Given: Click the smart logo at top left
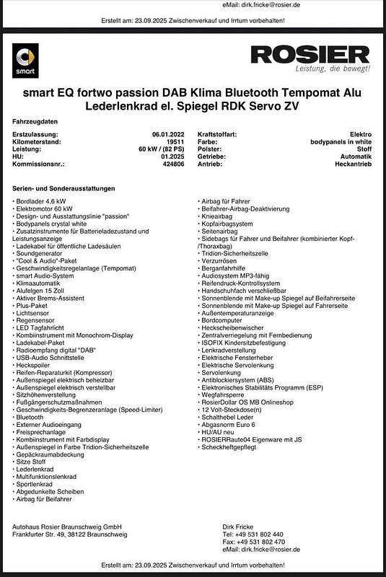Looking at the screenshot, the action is (x=25, y=60).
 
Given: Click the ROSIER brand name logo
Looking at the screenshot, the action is (x=310, y=54).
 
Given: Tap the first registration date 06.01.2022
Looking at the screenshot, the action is (x=168, y=135).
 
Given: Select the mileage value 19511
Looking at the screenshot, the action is (x=175, y=142).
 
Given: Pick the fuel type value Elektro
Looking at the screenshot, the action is (x=360, y=135).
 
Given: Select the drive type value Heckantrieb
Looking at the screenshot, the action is (x=354, y=164).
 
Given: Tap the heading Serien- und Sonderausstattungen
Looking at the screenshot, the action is (x=63, y=188).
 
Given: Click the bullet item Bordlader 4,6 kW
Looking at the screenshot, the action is (x=40, y=201).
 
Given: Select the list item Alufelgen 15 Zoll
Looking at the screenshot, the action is (x=43, y=290).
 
